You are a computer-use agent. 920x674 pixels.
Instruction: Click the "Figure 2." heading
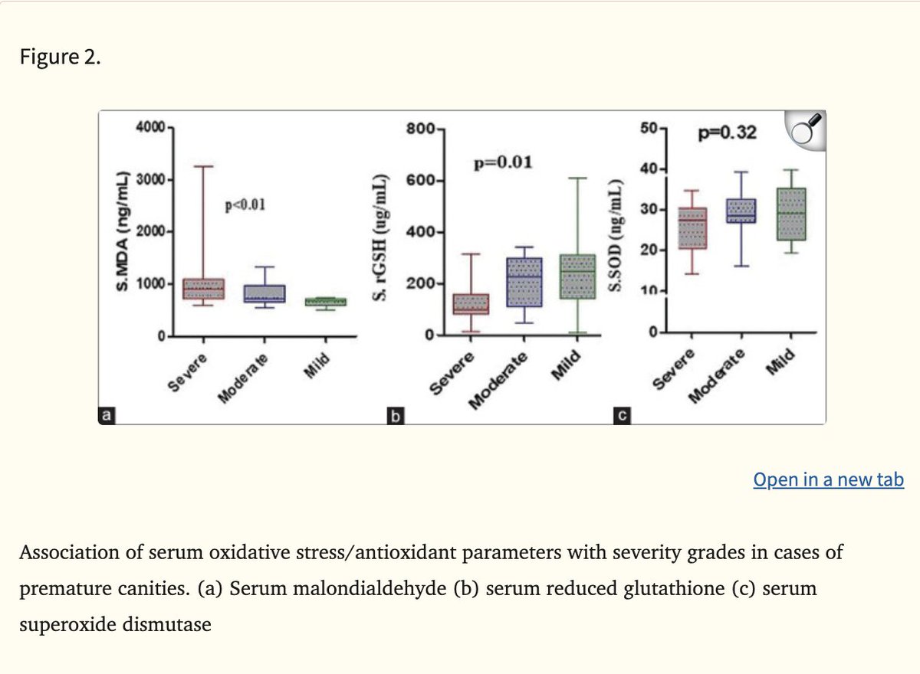tap(60, 59)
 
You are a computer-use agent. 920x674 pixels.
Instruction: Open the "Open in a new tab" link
tap(828, 480)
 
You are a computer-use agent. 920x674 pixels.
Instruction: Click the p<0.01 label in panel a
tap(245, 204)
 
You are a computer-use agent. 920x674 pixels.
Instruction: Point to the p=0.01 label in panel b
tap(503, 162)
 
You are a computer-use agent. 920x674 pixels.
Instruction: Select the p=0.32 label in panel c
tap(728, 133)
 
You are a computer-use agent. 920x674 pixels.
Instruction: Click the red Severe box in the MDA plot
tap(203, 289)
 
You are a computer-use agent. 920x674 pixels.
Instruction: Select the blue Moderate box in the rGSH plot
tap(524, 282)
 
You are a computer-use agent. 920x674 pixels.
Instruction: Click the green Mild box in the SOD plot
tap(791, 214)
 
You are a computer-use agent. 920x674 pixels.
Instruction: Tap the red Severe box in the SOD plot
tap(692, 227)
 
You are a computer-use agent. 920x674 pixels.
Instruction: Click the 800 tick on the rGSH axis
tap(421, 129)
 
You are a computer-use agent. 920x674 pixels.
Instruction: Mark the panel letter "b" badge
tap(395, 417)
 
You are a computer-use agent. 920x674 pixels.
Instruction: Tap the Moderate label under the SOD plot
tap(718, 375)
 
